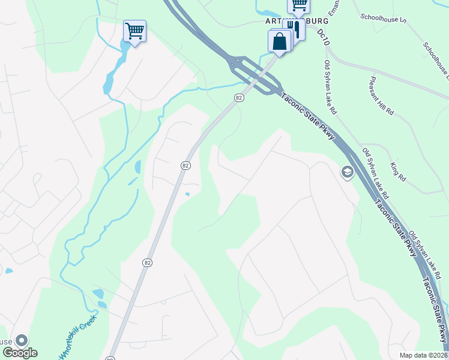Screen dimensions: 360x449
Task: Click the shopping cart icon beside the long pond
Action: [134, 31]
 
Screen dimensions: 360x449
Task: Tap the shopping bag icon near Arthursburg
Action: [279, 41]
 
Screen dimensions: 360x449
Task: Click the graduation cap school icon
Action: [346, 173]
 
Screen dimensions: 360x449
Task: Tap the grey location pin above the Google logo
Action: [22, 341]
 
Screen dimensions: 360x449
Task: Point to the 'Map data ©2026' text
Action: [424, 355]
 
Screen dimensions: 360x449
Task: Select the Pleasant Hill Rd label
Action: [382, 95]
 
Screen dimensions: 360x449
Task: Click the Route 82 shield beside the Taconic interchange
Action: [239, 97]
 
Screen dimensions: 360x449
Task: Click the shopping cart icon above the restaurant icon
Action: [298, 5]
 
